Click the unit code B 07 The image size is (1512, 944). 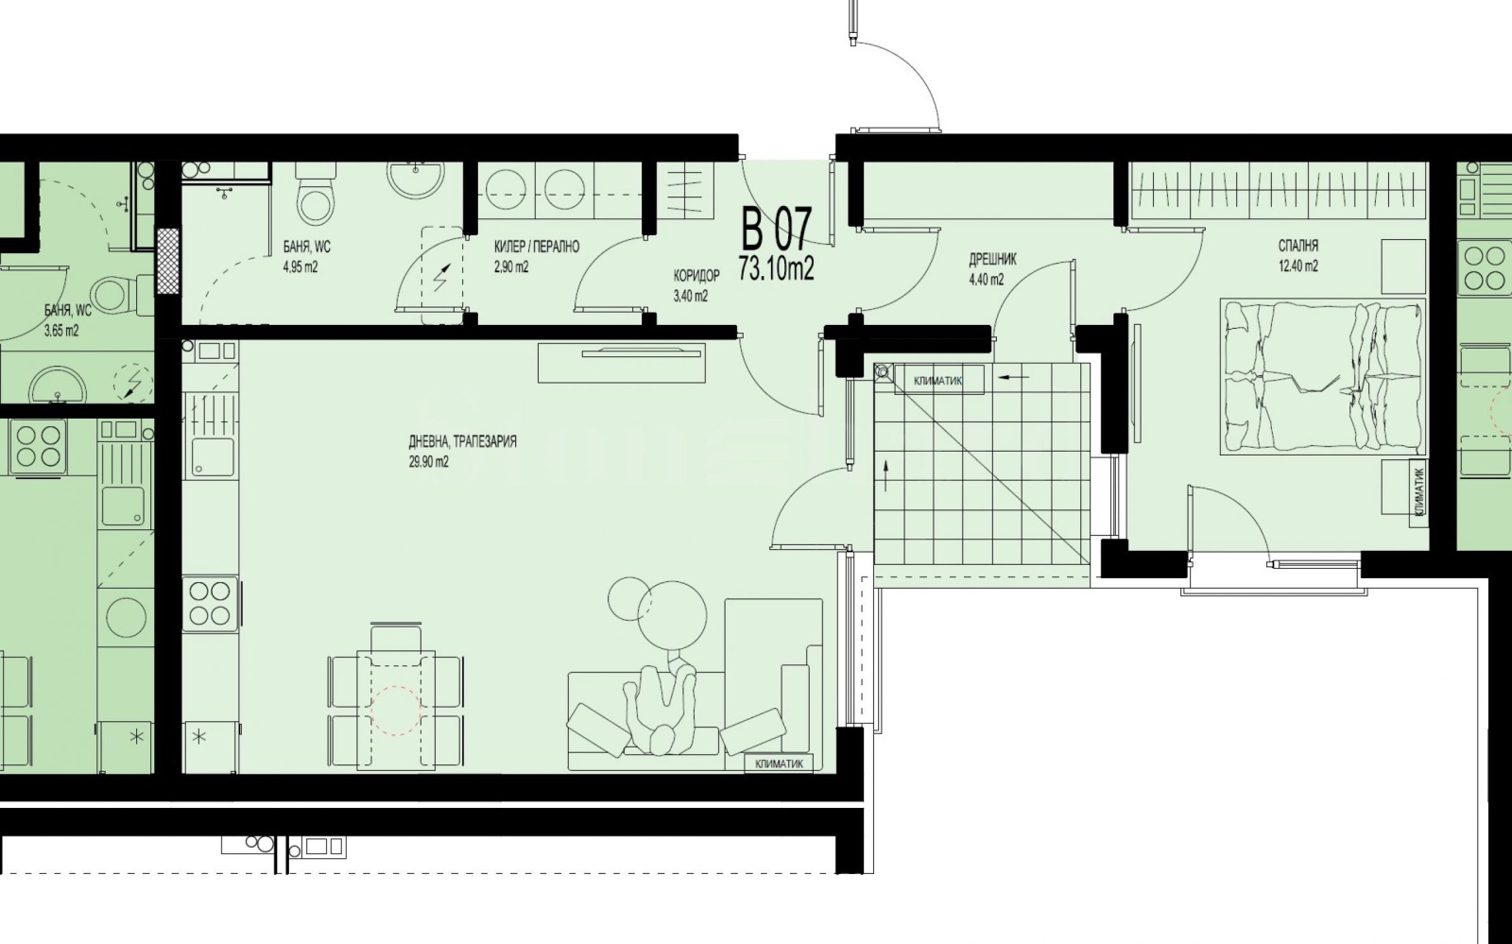(x=775, y=231)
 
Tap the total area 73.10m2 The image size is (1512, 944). (x=776, y=269)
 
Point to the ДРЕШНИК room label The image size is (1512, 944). (x=992, y=259)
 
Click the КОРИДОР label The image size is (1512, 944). (x=696, y=275)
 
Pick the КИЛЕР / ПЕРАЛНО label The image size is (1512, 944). (x=537, y=247)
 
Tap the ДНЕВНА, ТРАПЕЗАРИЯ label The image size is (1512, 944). (x=462, y=442)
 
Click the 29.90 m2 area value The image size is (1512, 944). (x=429, y=462)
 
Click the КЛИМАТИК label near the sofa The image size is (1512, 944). (x=780, y=764)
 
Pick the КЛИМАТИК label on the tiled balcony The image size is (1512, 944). (x=938, y=381)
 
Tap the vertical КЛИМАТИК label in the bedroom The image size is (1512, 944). (x=1419, y=493)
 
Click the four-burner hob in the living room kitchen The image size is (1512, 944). (x=210, y=604)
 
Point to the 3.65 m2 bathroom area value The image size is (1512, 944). (x=62, y=332)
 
